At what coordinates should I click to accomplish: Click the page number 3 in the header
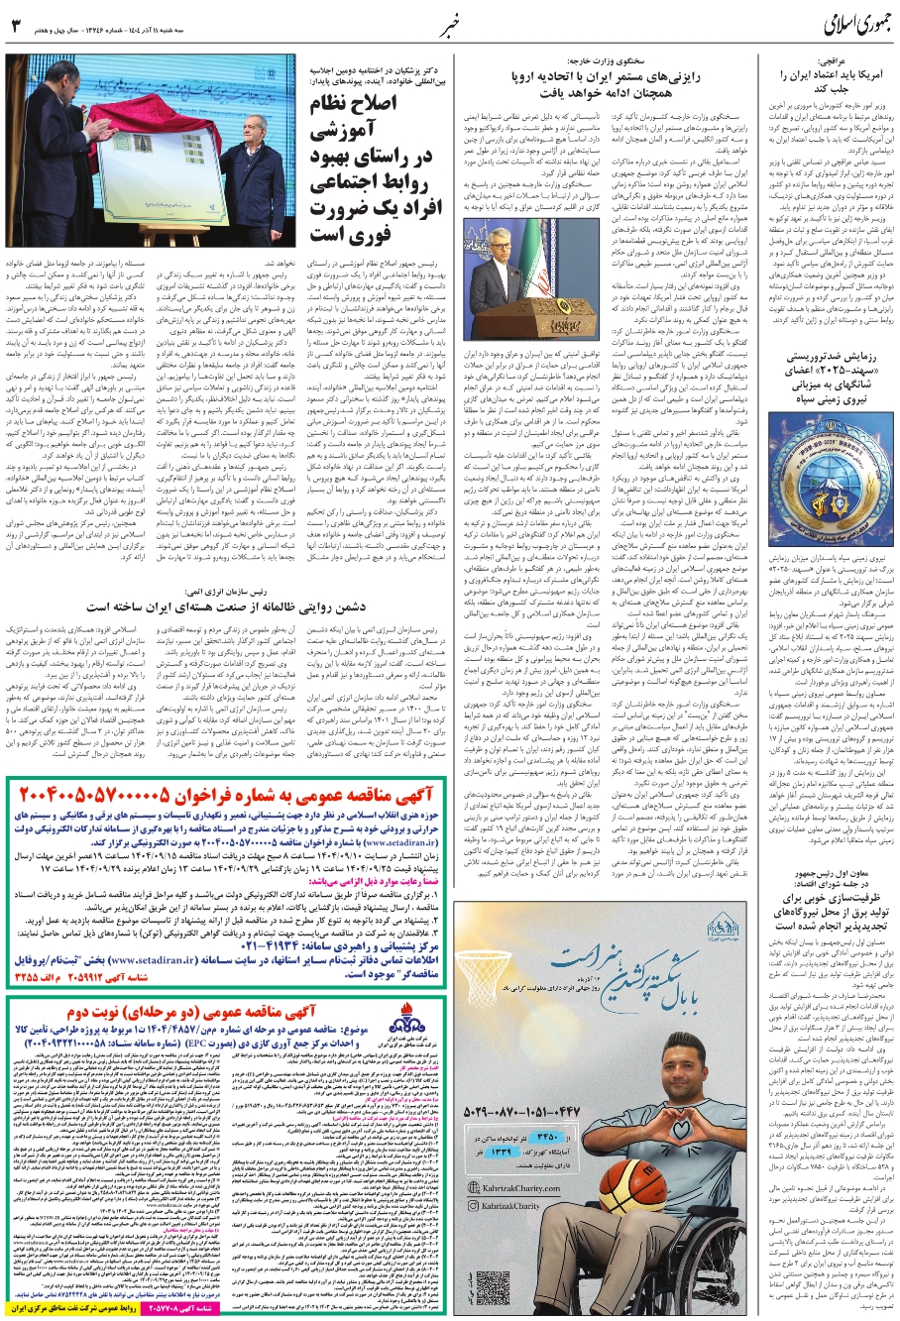[15, 26]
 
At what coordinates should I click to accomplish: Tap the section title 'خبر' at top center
[451, 24]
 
